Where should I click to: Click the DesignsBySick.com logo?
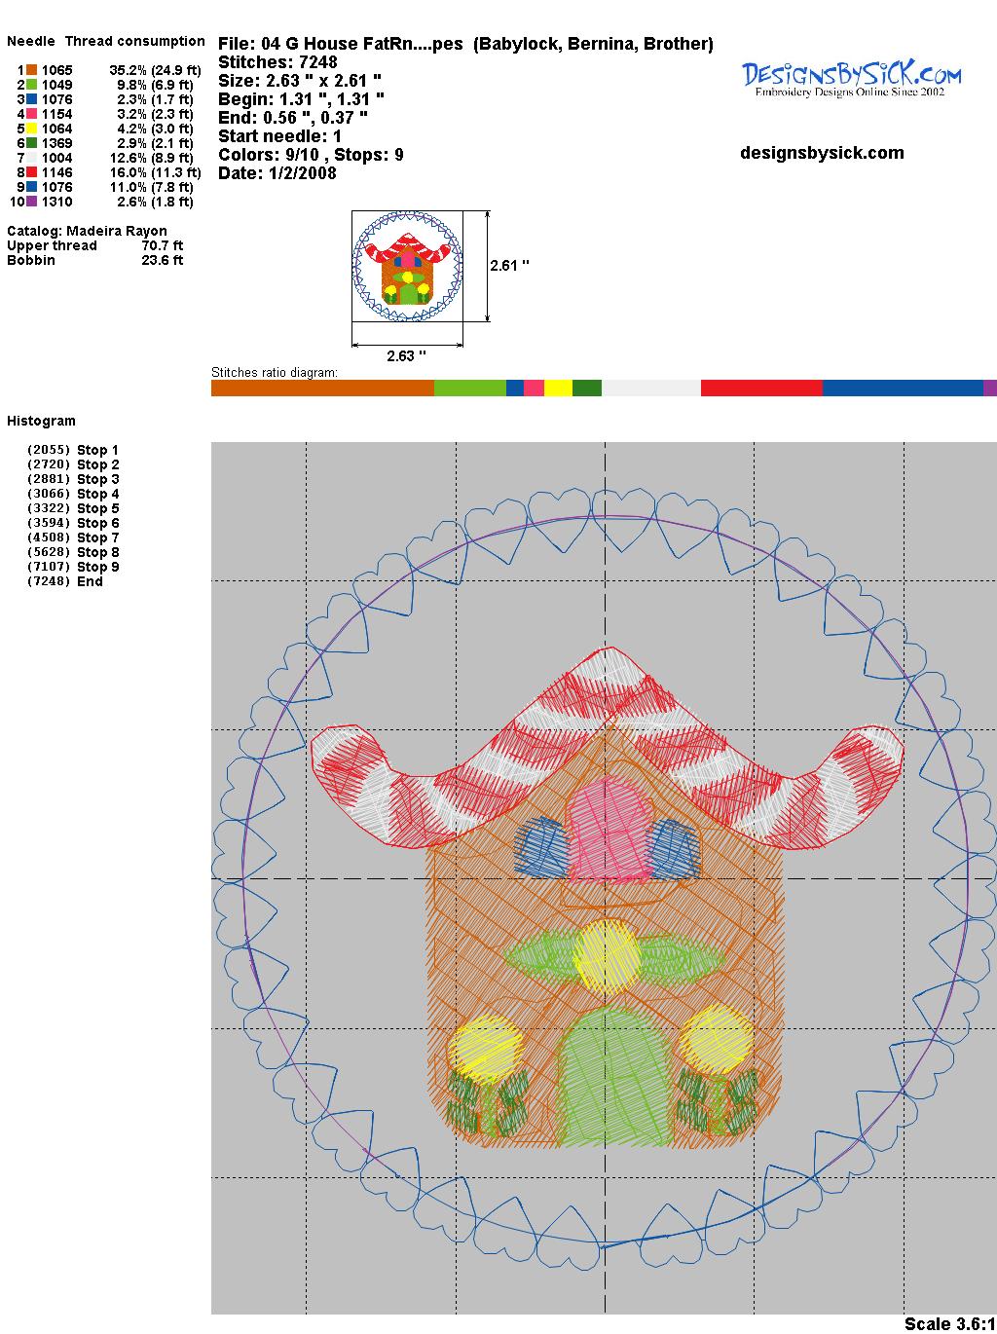point(851,79)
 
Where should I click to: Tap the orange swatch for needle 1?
point(31,70)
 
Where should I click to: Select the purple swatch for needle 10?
point(31,202)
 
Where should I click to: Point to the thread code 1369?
point(57,143)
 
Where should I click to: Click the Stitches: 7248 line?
point(277,62)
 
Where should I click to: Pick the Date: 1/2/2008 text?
point(277,173)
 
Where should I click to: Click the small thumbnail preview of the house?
point(407,266)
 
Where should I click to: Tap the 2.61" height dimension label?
point(509,266)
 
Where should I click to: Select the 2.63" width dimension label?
point(406,355)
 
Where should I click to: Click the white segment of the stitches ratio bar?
point(650,388)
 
